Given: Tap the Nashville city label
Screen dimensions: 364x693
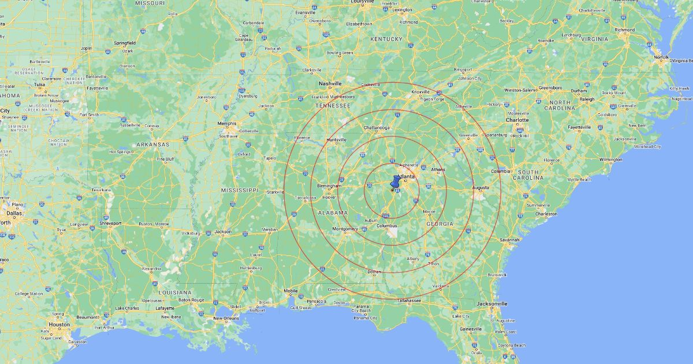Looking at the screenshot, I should coord(331,83).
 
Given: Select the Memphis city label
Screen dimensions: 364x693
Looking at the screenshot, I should coord(226,123).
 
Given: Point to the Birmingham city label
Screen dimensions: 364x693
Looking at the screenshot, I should coord(330,186).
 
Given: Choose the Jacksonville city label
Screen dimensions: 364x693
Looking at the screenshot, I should coord(491,303).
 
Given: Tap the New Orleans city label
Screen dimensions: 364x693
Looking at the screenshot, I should coord(225,318).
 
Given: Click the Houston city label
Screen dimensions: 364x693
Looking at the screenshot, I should coord(59,325).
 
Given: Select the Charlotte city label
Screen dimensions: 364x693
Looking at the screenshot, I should coord(517,121).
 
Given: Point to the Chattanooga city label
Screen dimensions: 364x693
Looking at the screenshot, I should coord(377,128).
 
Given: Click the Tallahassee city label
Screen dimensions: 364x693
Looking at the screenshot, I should coord(408,301).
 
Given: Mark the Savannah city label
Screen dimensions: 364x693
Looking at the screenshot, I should coord(510,240).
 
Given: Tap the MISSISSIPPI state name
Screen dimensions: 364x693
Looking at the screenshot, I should coord(239,190).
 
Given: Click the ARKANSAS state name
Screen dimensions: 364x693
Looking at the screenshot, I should coord(152,144).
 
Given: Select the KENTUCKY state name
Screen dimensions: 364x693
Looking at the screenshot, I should coord(386,39).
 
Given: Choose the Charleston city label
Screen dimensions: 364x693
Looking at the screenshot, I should coord(546,214).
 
